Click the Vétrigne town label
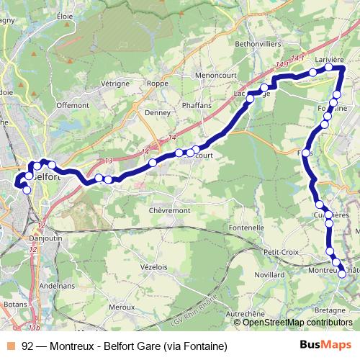coord(115,84)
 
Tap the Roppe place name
coord(158,83)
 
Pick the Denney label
coord(157,113)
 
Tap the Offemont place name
coord(72,105)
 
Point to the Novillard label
coord(269,276)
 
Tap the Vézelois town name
coord(155,266)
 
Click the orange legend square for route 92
coord(7,345)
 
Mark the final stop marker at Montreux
coord(342,271)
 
